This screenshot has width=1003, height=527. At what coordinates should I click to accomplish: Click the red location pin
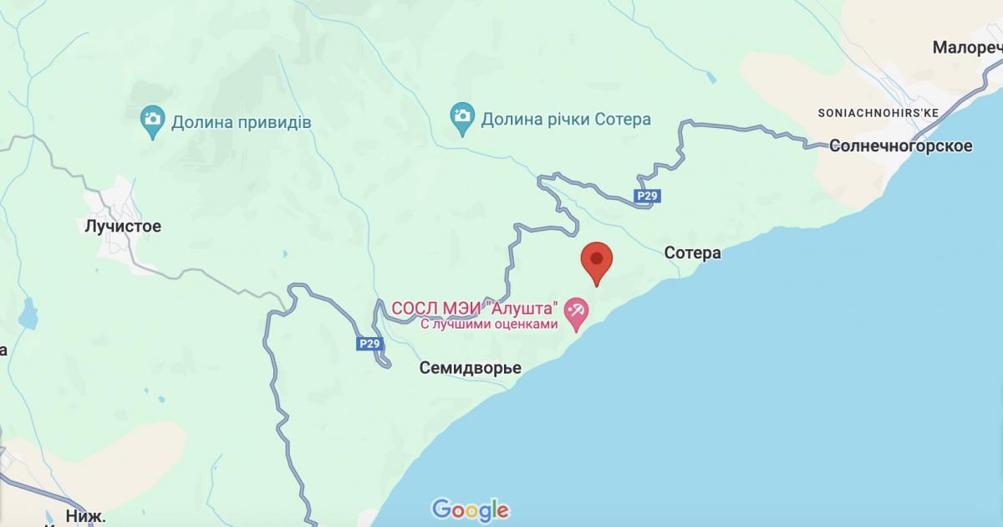point(597,262)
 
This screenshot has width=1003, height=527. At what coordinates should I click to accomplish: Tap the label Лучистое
point(123,226)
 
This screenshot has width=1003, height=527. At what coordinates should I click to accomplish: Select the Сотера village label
point(692,253)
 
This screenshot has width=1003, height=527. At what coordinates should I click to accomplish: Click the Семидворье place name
point(470,368)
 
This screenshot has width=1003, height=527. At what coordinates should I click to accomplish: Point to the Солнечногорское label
point(900,146)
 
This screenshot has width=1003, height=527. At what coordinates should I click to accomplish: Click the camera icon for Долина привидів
point(152,122)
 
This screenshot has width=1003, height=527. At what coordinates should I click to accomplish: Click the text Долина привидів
point(241,123)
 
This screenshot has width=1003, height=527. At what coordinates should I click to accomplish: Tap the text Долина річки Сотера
point(565,120)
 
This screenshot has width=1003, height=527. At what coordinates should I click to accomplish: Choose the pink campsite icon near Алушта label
point(576,314)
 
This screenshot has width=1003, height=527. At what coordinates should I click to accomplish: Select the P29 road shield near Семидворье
point(369,343)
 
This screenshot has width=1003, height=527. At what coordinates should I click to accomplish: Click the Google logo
point(470,509)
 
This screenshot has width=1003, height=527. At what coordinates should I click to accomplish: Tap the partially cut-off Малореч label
point(966,48)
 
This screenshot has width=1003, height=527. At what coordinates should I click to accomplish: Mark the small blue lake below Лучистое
point(29,315)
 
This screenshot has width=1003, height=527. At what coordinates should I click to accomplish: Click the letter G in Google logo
point(441,509)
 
